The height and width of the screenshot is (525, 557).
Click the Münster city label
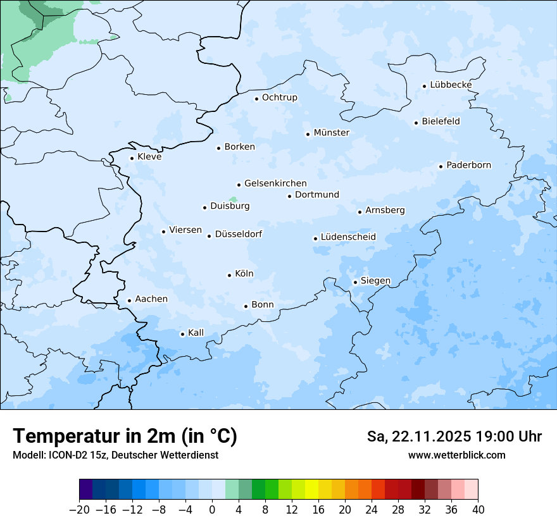[331, 133]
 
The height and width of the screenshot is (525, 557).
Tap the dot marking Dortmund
[289, 196]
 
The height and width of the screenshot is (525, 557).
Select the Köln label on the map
[244, 274]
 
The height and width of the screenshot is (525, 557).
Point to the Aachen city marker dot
[129, 301]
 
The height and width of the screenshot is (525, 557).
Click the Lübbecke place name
[451, 85]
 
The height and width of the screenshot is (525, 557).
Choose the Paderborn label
[468, 165]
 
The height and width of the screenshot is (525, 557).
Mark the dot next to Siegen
[355, 282]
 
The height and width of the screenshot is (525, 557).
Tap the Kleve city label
[149, 157]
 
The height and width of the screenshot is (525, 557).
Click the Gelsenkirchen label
[275, 183]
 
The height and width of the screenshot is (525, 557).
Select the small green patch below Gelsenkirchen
[234, 199]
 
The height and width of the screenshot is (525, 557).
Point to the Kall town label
[196, 333]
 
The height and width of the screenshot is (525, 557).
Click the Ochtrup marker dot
[256, 99]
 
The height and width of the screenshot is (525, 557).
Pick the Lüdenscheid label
[348, 237]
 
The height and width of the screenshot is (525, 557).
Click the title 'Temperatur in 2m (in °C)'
[125, 436]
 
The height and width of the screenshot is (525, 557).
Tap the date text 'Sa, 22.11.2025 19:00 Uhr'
[454, 436]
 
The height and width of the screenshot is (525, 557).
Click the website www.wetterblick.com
[456, 455]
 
